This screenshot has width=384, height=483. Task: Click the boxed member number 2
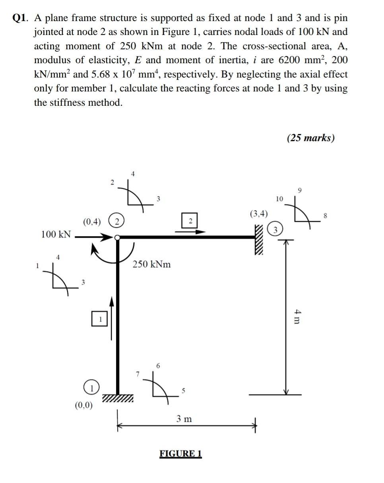pyautogui.click(x=190, y=221)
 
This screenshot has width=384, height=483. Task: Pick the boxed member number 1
pyautogui.click(x=100, y=319)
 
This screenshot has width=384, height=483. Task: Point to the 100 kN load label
pyautogui.click(x=56, y=234)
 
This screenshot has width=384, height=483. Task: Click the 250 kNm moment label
pyautogui.click(x=152, y=264)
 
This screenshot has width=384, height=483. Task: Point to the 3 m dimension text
pyautogui.click(x=184, y=419)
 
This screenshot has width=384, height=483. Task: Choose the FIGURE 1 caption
pyautogui.click(x=180, y=454)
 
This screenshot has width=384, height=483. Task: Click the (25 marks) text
pyautogui.click(x=310, y=138)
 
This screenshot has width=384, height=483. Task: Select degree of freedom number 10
pyautogui.click(x=279, y=199)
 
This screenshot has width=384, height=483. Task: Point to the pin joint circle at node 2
pyautogui.click(x=117, y=238)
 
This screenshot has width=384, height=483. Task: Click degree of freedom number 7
pyautogui.click(x=138, y=374)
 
